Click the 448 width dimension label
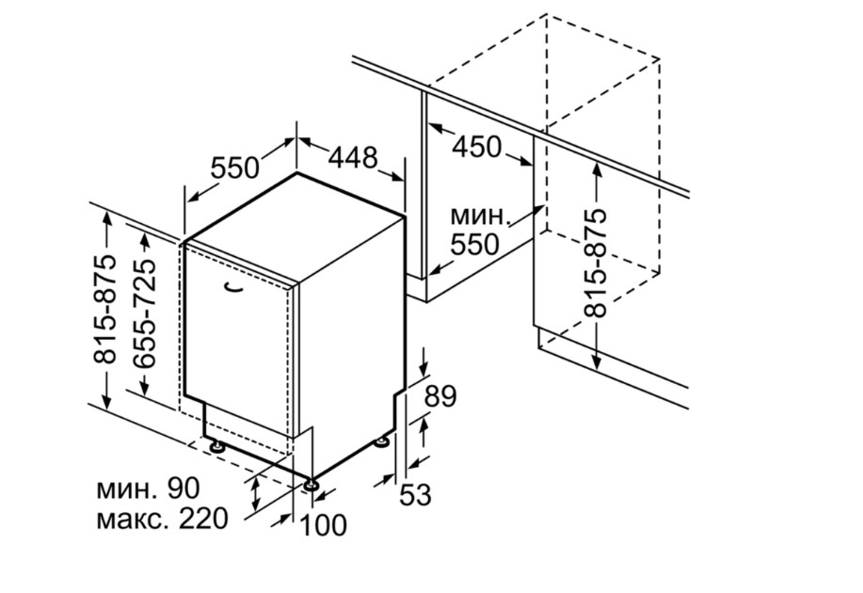coord(353,157)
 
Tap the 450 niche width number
coord(476,147)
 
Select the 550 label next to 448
coord(234,168)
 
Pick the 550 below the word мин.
coord(475,244)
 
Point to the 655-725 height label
coord(145,313)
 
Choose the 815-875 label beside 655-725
coord(105,309)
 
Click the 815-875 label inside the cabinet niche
coord(596,263)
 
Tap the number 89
coord(440,396)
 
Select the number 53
coord(415,494)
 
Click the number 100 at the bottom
coord(323,524)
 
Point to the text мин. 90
coord(148,489)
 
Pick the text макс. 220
coord(162,519)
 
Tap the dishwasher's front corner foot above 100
coord(312,485)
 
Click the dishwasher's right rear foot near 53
coord(381,441)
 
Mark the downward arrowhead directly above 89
coord(424,367)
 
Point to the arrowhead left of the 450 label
coord(437,129)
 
